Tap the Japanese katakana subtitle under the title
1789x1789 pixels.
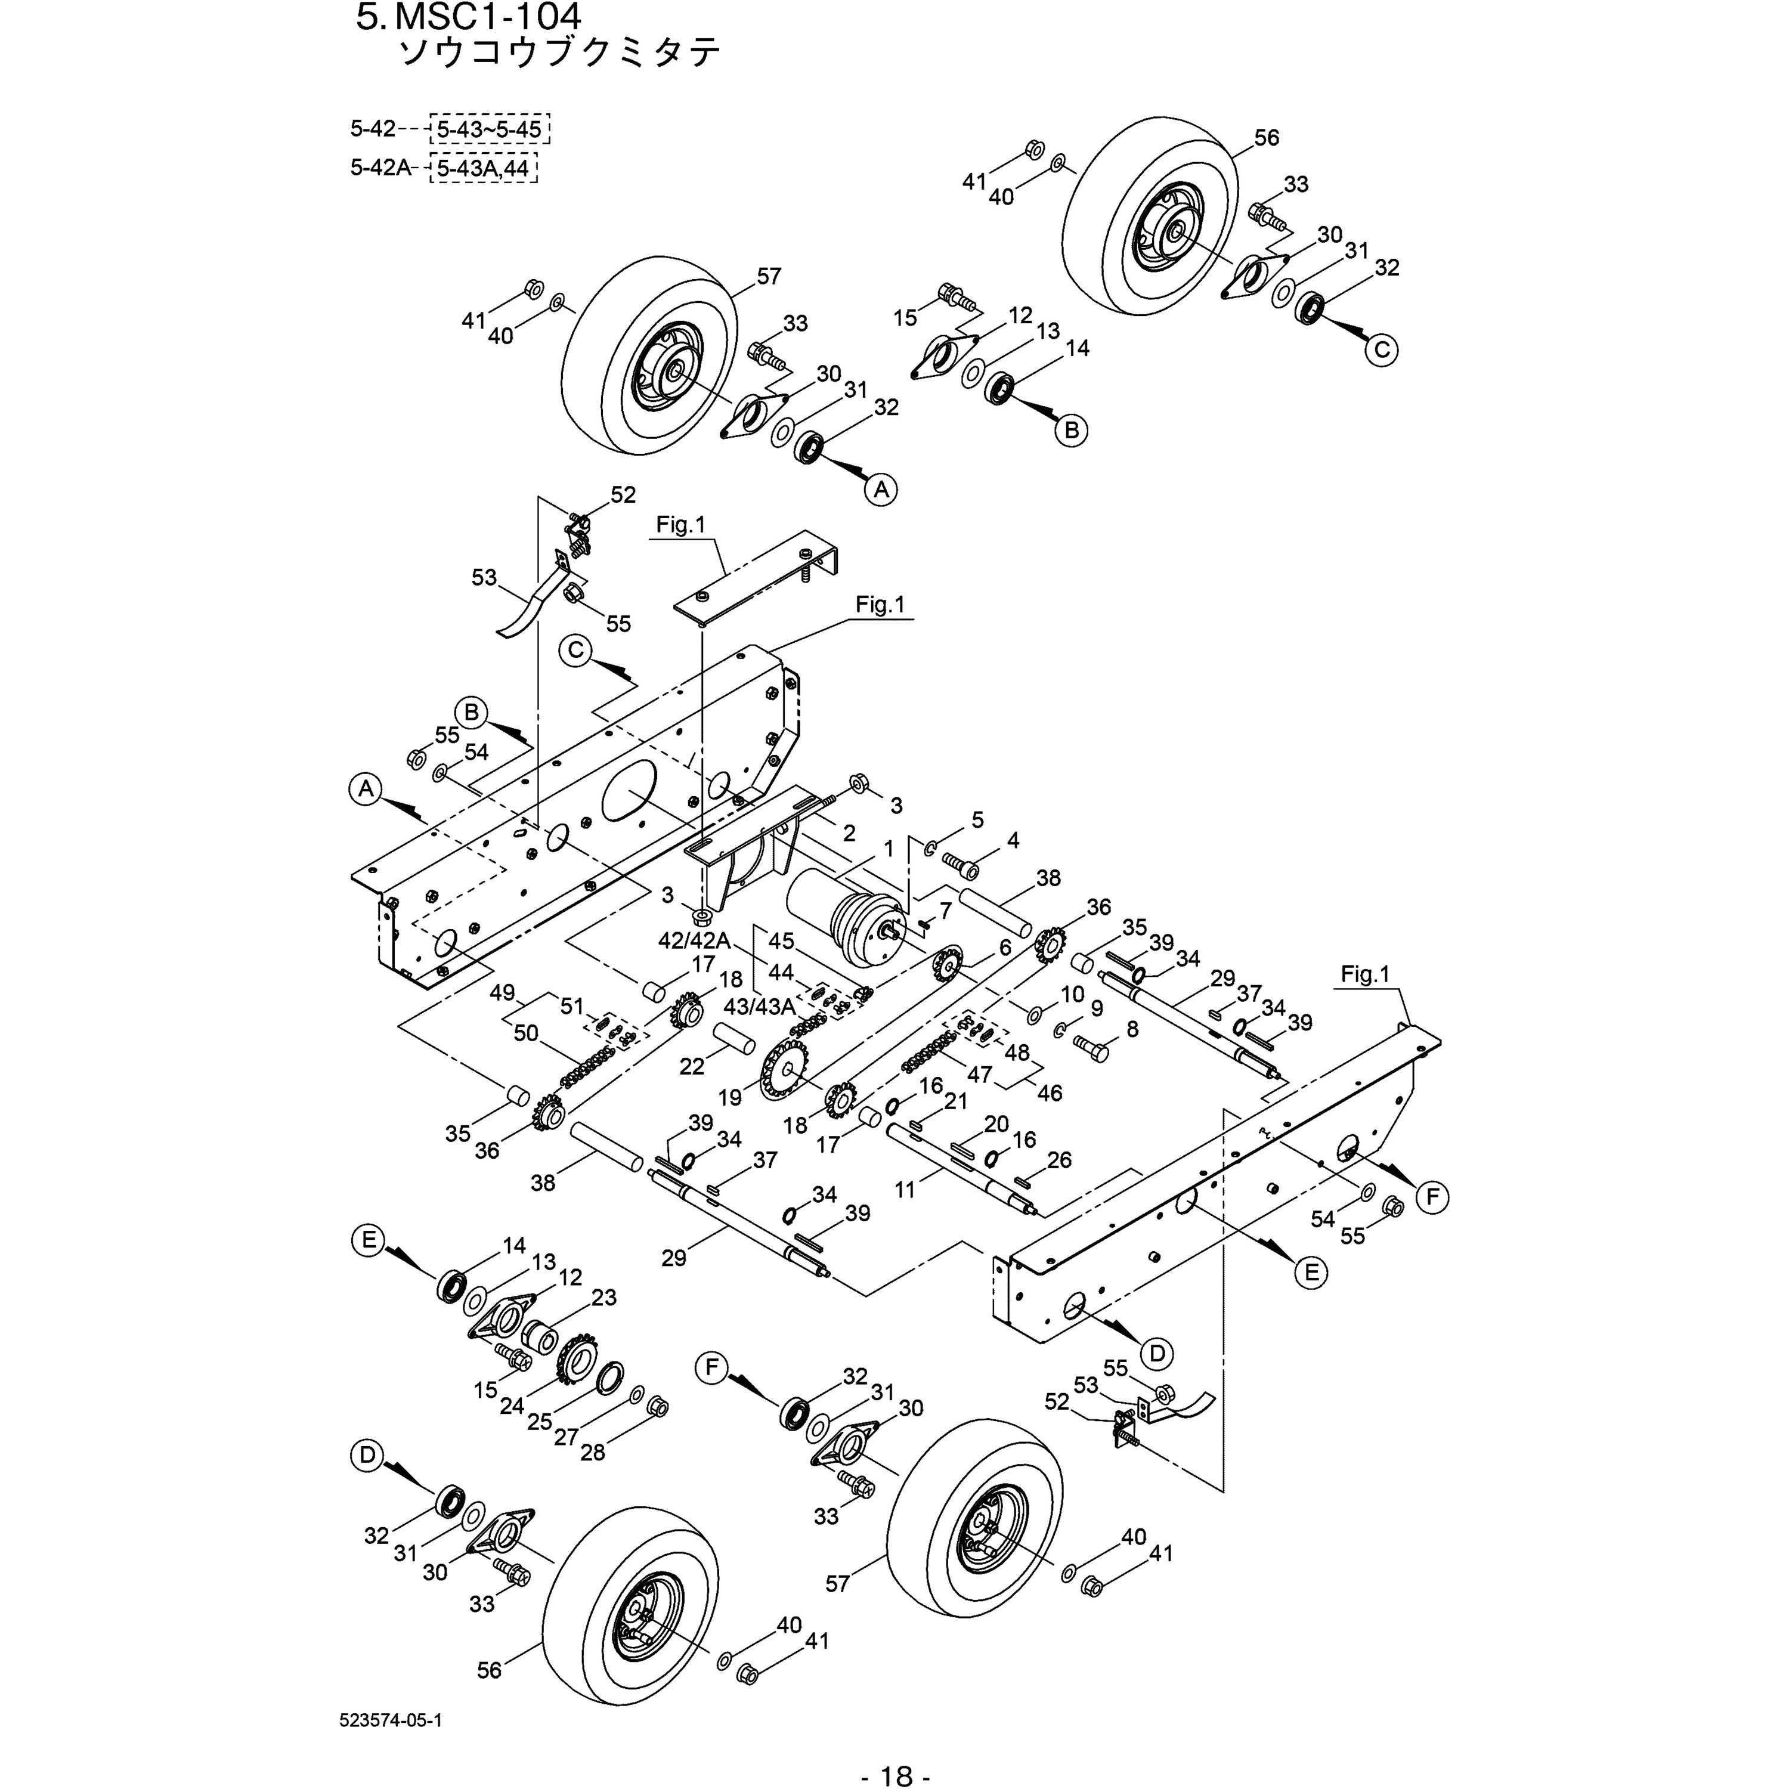pos(558,54)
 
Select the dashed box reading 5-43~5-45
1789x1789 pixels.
pos(489,129)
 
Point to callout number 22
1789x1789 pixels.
pos(692,1066)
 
